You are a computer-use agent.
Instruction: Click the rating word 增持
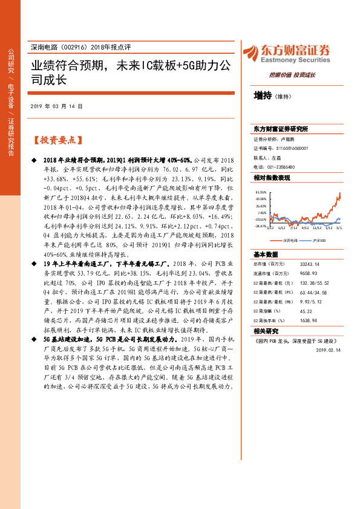click(x=263, y=96)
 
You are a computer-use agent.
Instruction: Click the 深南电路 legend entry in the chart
click(x=287, y=240)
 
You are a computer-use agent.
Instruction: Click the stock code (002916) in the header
click(x=76, y=47)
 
